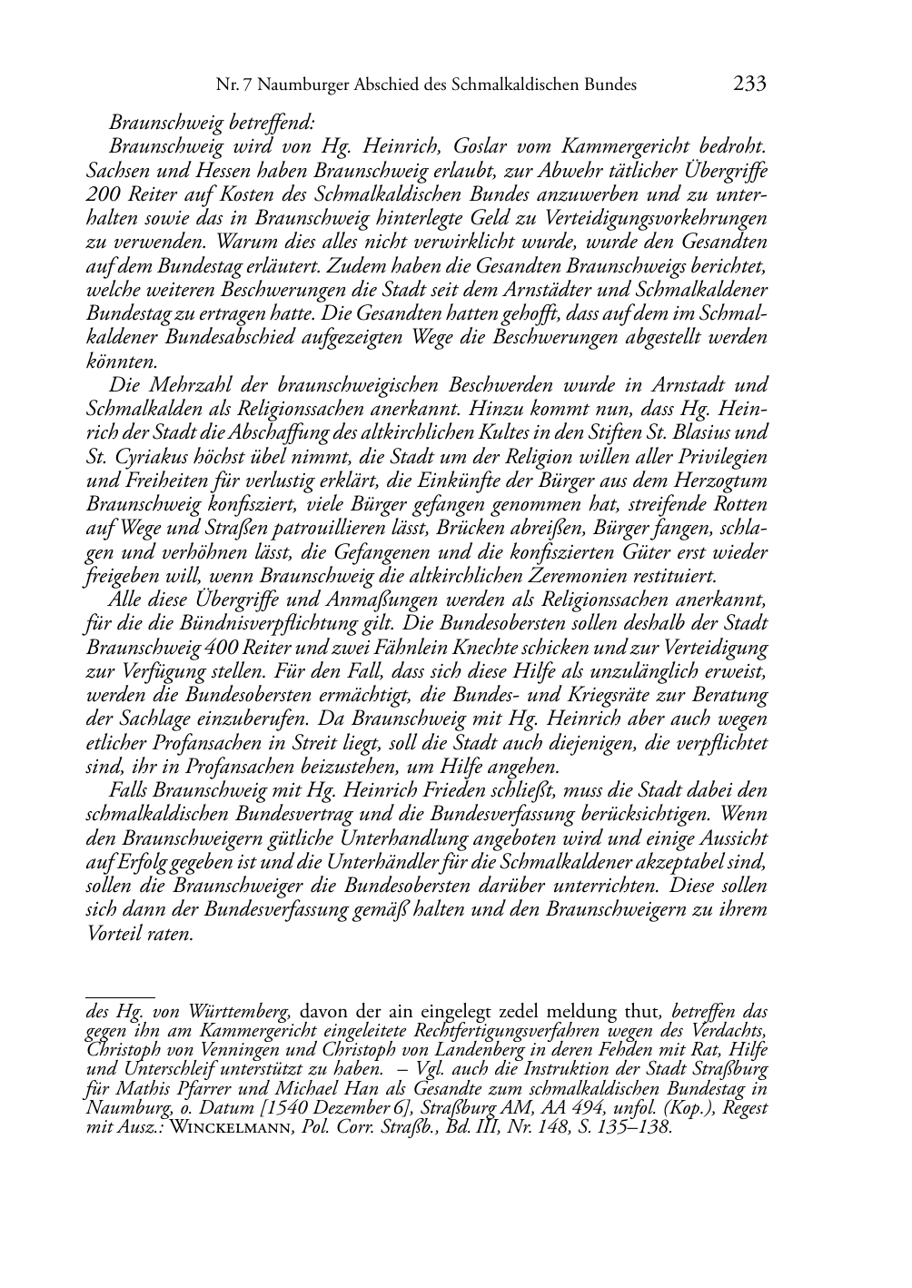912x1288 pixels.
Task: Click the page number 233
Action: [749, 84]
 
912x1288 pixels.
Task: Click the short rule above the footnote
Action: [120, 996]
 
